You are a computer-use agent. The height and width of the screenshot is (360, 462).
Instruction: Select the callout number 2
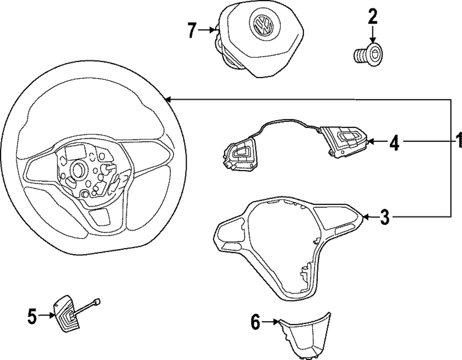(372, 17)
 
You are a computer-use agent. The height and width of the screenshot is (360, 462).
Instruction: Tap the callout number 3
(385, 217)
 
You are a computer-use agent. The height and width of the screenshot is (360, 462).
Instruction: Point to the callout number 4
(394, 143)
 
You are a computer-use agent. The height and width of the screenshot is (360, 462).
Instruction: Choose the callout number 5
(32, 316)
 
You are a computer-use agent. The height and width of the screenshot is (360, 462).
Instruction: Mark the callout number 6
(255, 322)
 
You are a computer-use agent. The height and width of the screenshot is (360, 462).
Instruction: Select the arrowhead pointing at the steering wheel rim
(169, 99)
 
